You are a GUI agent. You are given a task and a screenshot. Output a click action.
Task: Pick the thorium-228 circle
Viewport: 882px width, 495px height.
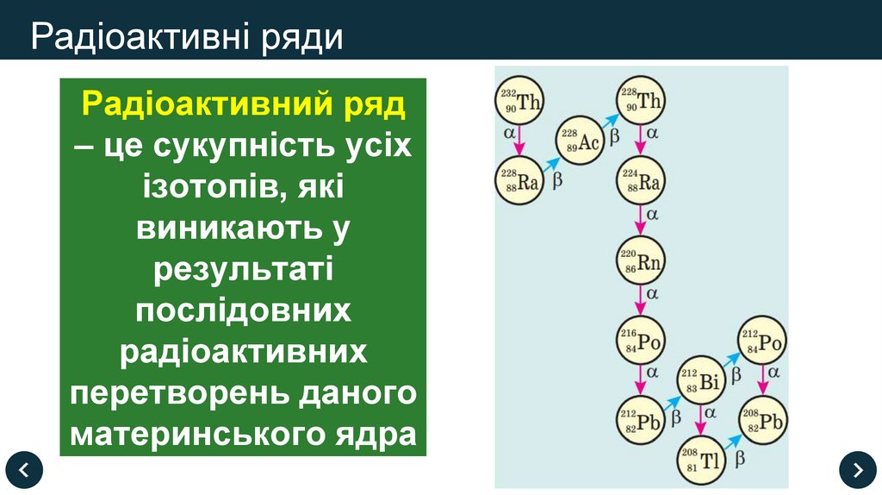pyautogui.click(x=639, y=102)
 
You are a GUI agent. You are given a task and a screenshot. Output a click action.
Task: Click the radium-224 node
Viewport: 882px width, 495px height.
pyautogui.click(x=639, y=179)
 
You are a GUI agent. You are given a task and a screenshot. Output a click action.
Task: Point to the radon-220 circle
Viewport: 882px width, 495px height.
pyautogui.click(x=639, y=261)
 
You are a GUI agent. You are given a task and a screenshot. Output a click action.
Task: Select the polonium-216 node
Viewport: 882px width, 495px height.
pyautogui.click(x=639, y=341)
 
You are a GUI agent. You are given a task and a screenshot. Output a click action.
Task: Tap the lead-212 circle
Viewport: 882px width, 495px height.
pyautogui.click(x=639, y=420)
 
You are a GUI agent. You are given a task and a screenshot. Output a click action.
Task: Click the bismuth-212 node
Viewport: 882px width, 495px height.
pyautogui.click(x=699, y=380)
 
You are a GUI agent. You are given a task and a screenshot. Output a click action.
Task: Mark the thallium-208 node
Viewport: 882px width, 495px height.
pyautogui.click(x=699, y=458)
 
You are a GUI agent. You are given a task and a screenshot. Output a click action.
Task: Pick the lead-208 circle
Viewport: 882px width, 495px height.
pyautogui.click(x=761, y=420)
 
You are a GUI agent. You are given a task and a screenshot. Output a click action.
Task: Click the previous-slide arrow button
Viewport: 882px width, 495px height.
pyautogui.click(x=24, y=470)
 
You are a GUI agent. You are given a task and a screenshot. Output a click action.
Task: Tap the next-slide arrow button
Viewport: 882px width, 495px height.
pyautogui.click(x=857, y=470)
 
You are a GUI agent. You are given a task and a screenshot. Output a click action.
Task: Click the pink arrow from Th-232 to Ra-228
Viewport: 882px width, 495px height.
pyautogui.click(x=519, y=141)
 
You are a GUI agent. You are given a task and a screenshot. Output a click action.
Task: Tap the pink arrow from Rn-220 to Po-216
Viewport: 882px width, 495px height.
pyautogui.click(x=639, y=301)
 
